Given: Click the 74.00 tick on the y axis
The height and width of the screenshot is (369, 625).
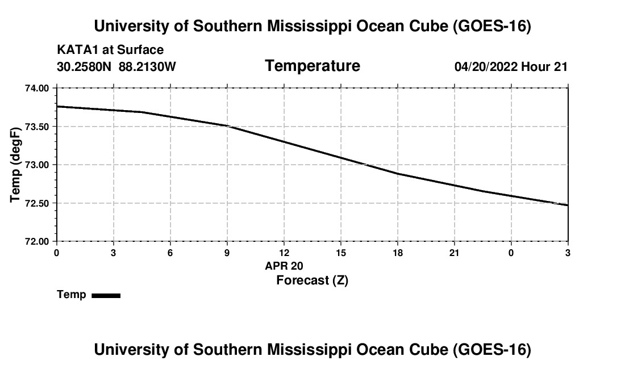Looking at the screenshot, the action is pyautogui.click(x=37, y=88).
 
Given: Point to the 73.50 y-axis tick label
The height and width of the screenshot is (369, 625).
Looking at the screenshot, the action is pyautogui.click(x=37, y=127).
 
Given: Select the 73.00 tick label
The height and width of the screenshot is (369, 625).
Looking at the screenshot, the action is pyautogui.click(x=37, y=165).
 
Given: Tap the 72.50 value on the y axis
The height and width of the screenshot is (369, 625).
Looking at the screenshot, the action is pyautogui.click(x=37, y=203).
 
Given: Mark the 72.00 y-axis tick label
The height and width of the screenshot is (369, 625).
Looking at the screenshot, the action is pyautogui.click(x=37, y=242).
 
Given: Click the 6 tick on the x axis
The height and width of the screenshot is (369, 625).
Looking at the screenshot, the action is pyautogui.click(x=170, y=253).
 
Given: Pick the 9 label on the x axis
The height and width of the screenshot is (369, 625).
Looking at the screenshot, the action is pyautogui.click(x=227, y=253).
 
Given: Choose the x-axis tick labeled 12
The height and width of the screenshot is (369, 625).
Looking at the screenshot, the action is pyautogui.click(x=284, y=253).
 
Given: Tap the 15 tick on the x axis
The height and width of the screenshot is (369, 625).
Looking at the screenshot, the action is pyautogui.click(x=341, y=253).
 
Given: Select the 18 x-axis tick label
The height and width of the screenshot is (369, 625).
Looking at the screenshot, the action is pyautogui.click(x=397, y=253).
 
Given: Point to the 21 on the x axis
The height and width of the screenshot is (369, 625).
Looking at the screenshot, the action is pyautogui.click(x=455, y=253).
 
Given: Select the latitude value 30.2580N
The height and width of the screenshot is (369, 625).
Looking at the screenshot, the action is pyautogui.click(x=84, y=66).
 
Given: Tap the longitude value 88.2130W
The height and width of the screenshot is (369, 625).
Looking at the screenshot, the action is pyautogui.click(x=147, y=66).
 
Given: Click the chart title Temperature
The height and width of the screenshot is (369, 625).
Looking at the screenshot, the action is pyautogui.click(x=312, y=66).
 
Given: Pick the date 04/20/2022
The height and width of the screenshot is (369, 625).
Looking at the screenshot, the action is pyautogui.click(x=486, y=66).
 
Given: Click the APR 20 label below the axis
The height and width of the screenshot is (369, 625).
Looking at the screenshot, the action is pyautogui.click(x=284, y=266).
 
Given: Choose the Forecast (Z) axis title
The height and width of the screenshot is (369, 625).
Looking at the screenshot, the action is pyautogui.click(x=312, y=280).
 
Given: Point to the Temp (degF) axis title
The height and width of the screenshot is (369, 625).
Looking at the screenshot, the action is pyautogui.click(x=15, y=165).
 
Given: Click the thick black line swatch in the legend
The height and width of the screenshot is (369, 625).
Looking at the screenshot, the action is pyautogui.click(x=106, y=295).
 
